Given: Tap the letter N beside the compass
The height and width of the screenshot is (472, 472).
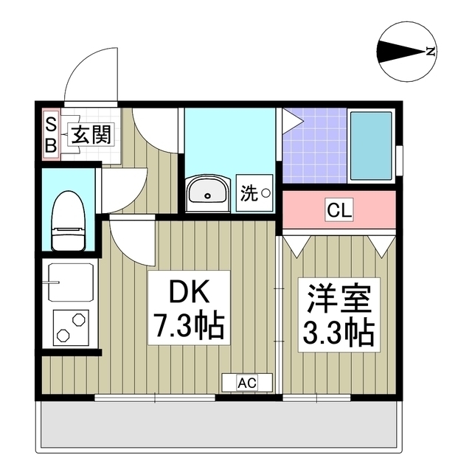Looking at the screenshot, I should [x=431, y=52].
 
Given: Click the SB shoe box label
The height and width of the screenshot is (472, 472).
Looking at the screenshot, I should [x=51, y=134].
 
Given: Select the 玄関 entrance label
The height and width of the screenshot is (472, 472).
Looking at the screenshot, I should [x=91, y=134].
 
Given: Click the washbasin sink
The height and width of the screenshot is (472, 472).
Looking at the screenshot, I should [x=208, y=193].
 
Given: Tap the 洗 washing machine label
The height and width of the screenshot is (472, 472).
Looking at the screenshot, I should [x=249, y=194].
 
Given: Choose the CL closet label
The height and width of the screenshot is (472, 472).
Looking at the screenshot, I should [x=339, y=210].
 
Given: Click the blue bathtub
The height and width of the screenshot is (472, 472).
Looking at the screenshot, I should [x=371, y=145].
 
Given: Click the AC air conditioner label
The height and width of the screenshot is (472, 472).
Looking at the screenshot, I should [x=248, y=382].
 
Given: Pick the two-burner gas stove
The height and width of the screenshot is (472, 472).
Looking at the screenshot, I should [x=71, y=327].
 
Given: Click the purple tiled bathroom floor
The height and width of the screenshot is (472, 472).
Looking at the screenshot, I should [x=313, y=147].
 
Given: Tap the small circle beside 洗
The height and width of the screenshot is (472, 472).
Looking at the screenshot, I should [x=265, y=194].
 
